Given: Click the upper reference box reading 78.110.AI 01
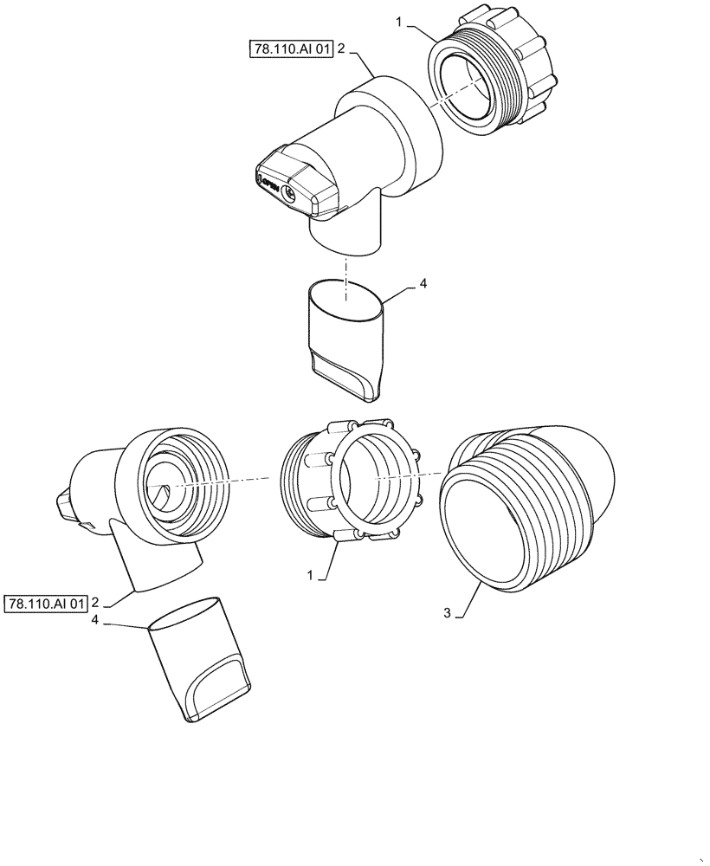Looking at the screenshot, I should [x=290, y=51].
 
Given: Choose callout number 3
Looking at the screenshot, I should [x=448, y=613].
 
